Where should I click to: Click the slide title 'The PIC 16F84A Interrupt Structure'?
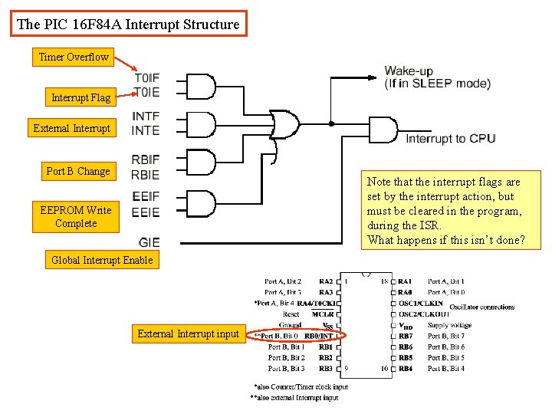tap(128, 25)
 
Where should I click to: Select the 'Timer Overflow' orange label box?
tap(74, 57)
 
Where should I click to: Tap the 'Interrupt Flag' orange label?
tap(80, 97)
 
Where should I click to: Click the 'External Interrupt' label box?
tap(72, 128)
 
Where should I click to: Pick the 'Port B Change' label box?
tap(77, 171)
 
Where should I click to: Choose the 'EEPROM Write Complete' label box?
tap(76, 217)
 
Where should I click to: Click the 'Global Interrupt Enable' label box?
tap(102, 260)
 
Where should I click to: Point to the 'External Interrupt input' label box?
tap(188, 333)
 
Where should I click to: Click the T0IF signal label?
tap(146, 77)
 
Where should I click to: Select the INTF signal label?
tap(146, 117)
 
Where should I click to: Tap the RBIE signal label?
tap(146, 175)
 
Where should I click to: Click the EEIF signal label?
tap(146, 197)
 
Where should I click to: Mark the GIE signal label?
tap(149, 242)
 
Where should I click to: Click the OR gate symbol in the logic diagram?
tap(283, 123)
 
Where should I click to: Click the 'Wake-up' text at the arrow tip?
tap(409, 71)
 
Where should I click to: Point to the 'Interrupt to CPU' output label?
tap(450, 139)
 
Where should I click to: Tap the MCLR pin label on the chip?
tap(322, 314)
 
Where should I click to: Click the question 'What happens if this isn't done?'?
tap(446, 240)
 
